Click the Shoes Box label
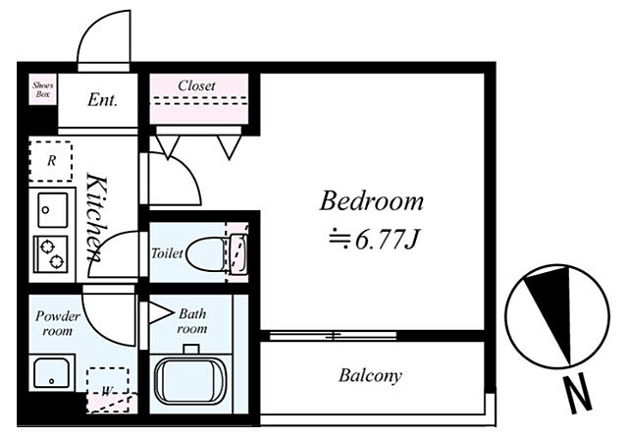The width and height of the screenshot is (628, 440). coord(43,89)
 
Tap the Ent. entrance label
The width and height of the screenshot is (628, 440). coord(102,100)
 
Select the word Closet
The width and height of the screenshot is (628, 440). coord(196,85)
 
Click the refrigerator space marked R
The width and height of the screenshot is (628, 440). coord(51,161)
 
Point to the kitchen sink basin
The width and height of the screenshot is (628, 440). coord(52,210)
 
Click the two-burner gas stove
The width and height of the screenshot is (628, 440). coord(51,254)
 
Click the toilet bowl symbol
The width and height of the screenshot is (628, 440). coord(206,254)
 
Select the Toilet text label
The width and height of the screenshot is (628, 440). coord(167,253)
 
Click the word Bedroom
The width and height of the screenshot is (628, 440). coord(371,200)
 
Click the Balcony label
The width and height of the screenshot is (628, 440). coord(370,375)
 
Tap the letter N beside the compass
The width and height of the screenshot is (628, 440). coord(577,394)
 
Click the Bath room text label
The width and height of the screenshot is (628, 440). coord(192,321)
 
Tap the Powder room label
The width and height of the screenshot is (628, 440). coord(58,323)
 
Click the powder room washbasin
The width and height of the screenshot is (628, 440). coord(52,373)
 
